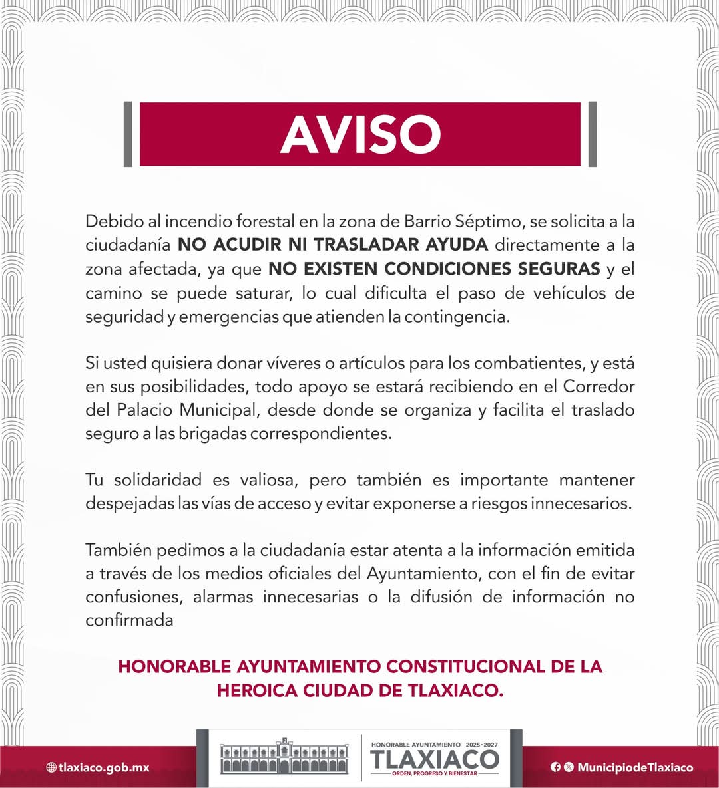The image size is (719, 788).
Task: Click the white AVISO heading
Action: click(x=360, y=134)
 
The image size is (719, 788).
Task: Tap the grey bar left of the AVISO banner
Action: click(x=128, y=134)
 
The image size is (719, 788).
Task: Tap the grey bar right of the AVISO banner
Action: click(x=593, y=134)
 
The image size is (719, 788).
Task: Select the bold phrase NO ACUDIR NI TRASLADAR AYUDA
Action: click(x=333, y=245)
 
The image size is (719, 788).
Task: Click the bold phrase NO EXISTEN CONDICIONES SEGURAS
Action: click(x=434, y=269)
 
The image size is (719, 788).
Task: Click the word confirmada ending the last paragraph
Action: click(x=129, y=620)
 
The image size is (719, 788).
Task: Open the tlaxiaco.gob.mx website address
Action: click(x=104, y=767)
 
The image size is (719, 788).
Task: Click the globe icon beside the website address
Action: click(x=51, y=767)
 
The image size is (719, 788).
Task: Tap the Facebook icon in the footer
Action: click(x=555, y=767)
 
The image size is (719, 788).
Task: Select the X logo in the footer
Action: click(x=568, y=767)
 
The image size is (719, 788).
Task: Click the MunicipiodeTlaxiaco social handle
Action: click(x=635, y=767)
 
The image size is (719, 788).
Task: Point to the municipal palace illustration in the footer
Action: click(x=284, y=757)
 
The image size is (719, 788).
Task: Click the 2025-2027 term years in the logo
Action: click(x=482, y=745)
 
